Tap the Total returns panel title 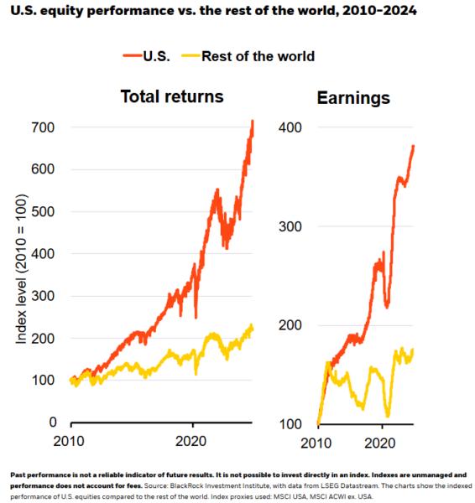(x=171, y=96)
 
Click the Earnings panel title (x=355, y=98)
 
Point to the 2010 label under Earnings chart (x=318, y=442)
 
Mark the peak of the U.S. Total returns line (x=252, y=122)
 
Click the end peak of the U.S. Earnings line (x=413, y=146)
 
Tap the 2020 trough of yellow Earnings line (x=388, y=415)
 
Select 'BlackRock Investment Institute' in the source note (x=227, y=484)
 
